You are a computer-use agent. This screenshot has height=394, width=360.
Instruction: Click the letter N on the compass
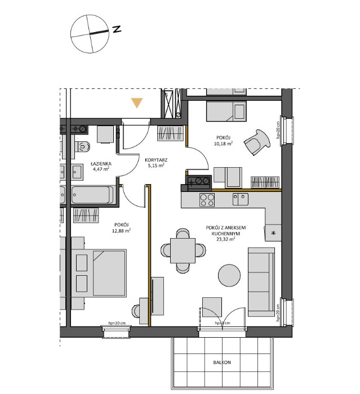(117, 29)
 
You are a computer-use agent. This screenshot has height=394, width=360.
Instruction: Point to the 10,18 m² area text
(223, 144)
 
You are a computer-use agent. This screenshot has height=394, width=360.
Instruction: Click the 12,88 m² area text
(121, 230)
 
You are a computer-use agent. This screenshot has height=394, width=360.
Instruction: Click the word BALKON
(223, 363)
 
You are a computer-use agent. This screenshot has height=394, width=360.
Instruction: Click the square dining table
(183, 249)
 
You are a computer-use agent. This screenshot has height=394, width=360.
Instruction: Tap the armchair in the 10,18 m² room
(257, 140)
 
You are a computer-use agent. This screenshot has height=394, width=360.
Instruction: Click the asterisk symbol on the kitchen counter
(274, 233)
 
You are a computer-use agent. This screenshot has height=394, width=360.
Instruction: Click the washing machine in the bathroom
(105, 135)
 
